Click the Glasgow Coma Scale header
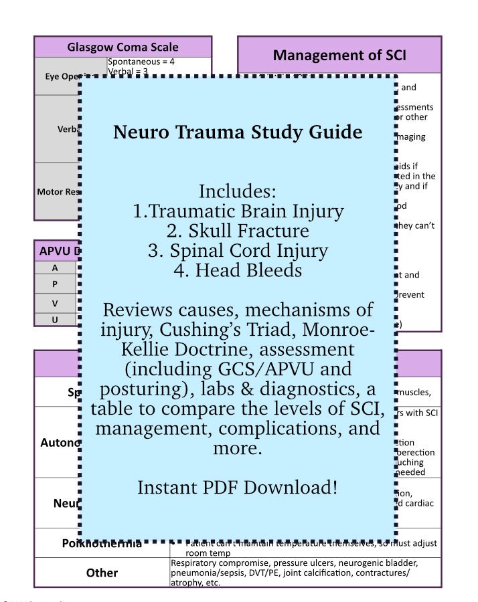click(123, 47)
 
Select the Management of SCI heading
click(339, 54)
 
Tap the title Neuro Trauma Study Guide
click(238, 132)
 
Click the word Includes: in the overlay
click(238, 191)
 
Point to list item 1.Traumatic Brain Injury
click(238, 211)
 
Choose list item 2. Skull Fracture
click(238, 231)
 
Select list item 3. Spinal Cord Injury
click(238, 251)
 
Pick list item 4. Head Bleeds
click(238, 270)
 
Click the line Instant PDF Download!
click(238, 488)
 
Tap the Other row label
click(102, 573)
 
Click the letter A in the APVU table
click(55, 268)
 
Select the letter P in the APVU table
click(55, 284)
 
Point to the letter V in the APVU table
click(55, 302)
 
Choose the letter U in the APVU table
click(55, 319)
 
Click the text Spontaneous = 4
click(141, 62)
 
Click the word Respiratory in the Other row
click(195, 563)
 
